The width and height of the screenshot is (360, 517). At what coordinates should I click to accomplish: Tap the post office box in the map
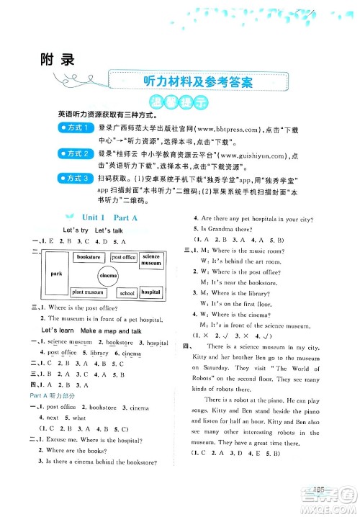click(x=123, y=257)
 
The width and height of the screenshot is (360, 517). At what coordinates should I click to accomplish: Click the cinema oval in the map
click(x=109, y=276)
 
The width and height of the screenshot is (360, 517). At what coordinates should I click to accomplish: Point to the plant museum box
click(x=89, y=292)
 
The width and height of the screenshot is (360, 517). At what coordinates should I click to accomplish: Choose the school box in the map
click(x=127, y=294)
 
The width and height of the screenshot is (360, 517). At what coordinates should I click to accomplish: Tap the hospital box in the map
click(x=150, y=292)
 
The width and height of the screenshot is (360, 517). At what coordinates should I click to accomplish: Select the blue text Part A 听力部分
click(x=55, y=395)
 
